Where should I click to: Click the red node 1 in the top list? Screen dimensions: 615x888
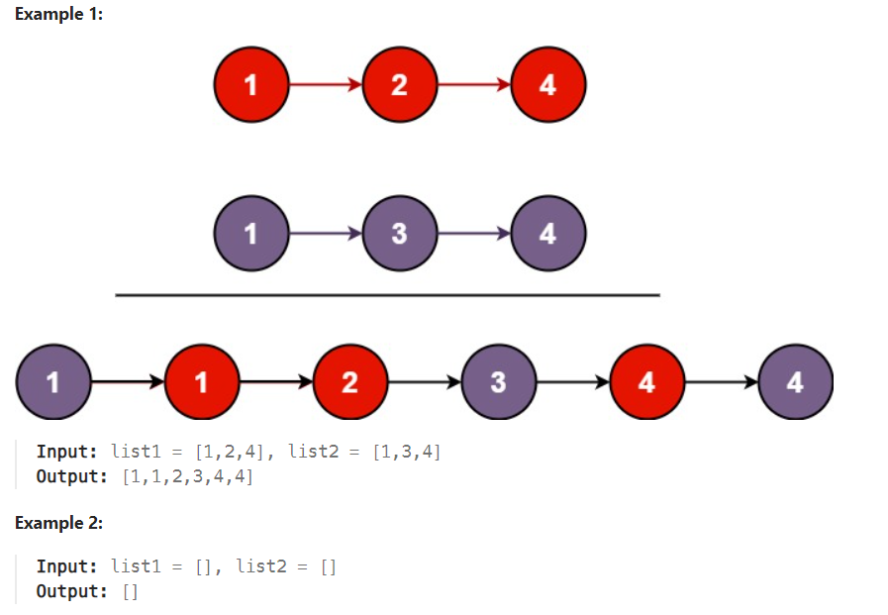(x=250, y=85)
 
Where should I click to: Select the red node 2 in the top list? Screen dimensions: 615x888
(x=399, y=85)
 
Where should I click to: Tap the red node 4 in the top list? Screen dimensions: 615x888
(x=547, y=85)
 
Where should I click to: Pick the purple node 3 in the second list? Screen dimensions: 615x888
(x=399, y=235)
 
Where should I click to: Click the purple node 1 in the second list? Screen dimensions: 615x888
(x=250, y=235)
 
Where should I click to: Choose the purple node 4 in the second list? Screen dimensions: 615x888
(x=547, y=235)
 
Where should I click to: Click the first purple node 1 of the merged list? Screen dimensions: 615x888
(x=53, y=382)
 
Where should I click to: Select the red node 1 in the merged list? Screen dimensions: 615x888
(x=202, y=382)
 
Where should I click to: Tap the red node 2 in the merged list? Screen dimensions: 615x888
(x=349, y=382)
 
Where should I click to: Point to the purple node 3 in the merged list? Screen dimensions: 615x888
(x=498, y=382)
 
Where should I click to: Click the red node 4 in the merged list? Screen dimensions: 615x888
(x=646, y=382)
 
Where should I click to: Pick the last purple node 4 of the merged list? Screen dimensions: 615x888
(x=795, y=382)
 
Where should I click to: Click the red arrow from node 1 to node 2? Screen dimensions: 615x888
(x=325, y=85)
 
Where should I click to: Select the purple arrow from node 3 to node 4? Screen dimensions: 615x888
(x=473, y=235)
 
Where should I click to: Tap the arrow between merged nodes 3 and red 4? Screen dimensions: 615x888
(x=572, y=382)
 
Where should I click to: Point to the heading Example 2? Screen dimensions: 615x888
(x=59, y=522)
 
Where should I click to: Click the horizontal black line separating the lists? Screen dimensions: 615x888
(x=387, y=295)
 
